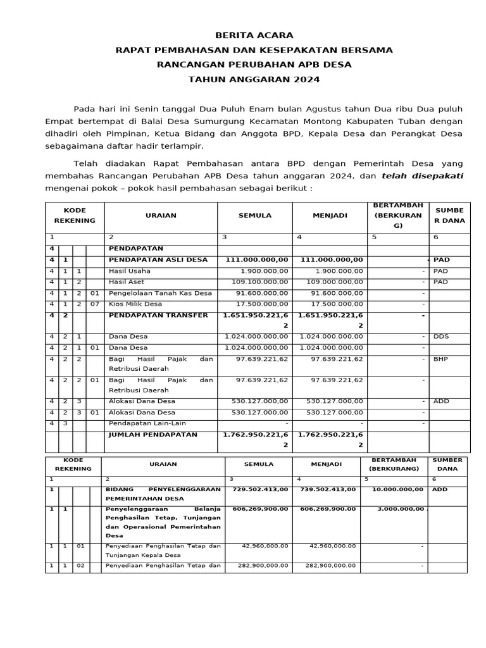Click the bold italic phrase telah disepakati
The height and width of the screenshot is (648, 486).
pos(422,176)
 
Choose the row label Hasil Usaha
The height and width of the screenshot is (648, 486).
pos(130,271)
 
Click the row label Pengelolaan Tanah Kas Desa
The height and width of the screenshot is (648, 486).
pos(160,293)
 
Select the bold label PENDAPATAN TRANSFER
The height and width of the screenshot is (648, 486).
pos(158,315)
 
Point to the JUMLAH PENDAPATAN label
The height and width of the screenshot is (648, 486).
pos(153,435)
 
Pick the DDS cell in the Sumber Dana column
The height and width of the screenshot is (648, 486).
pos(440,337)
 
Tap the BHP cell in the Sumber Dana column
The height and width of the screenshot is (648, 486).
pos(440,358)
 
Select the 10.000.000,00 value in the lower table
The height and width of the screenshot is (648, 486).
pos(397,489)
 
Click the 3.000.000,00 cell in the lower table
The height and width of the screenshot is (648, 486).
pos(400,509)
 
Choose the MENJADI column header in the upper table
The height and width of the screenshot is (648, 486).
pos(330,215)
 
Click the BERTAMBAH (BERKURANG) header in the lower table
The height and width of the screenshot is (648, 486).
pos(393,464)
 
